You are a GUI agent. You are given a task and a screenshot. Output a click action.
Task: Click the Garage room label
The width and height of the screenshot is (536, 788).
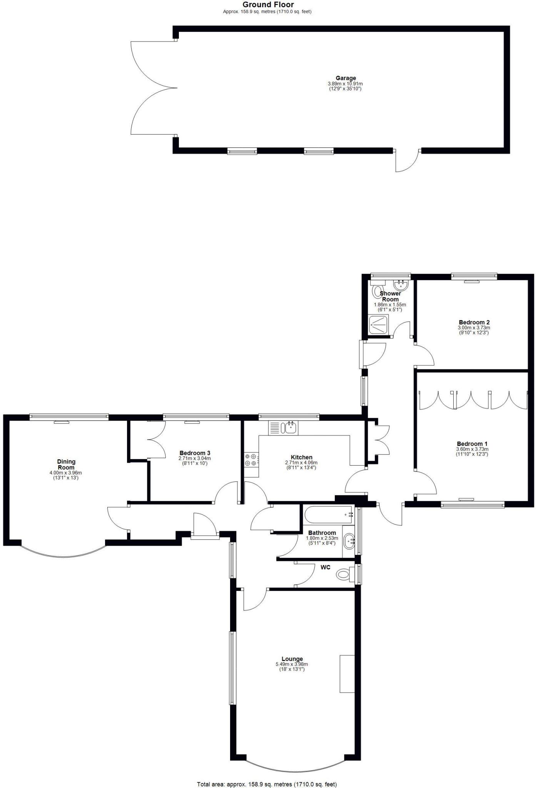click(346, 78)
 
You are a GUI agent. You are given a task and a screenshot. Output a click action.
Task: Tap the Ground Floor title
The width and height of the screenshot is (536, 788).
click(268, 5)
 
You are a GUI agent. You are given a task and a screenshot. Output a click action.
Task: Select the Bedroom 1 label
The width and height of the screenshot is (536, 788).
click(472, 444)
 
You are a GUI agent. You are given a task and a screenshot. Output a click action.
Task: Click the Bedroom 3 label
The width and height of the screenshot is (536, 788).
click(195, 453)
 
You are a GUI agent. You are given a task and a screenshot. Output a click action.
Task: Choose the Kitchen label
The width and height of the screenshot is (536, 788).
click(301, 457)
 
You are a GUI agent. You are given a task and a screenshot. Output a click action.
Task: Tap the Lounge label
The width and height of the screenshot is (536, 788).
click(292, 659)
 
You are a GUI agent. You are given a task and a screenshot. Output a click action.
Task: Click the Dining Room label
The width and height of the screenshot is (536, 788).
click(66, 464)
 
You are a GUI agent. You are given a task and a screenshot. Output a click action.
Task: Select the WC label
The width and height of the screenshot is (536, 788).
click(325, 568)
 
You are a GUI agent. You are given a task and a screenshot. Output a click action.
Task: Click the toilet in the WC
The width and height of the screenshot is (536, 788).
click(343, 575)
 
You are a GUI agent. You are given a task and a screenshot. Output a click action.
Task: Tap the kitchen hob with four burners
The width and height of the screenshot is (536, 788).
click(250, 459)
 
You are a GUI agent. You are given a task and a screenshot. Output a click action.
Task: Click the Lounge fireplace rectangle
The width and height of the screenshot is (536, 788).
click(347, 674)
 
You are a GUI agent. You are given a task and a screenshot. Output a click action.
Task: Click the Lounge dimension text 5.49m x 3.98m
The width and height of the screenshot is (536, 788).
click(292, 664)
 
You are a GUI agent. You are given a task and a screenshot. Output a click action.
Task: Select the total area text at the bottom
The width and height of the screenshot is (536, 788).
click(267, 781)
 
